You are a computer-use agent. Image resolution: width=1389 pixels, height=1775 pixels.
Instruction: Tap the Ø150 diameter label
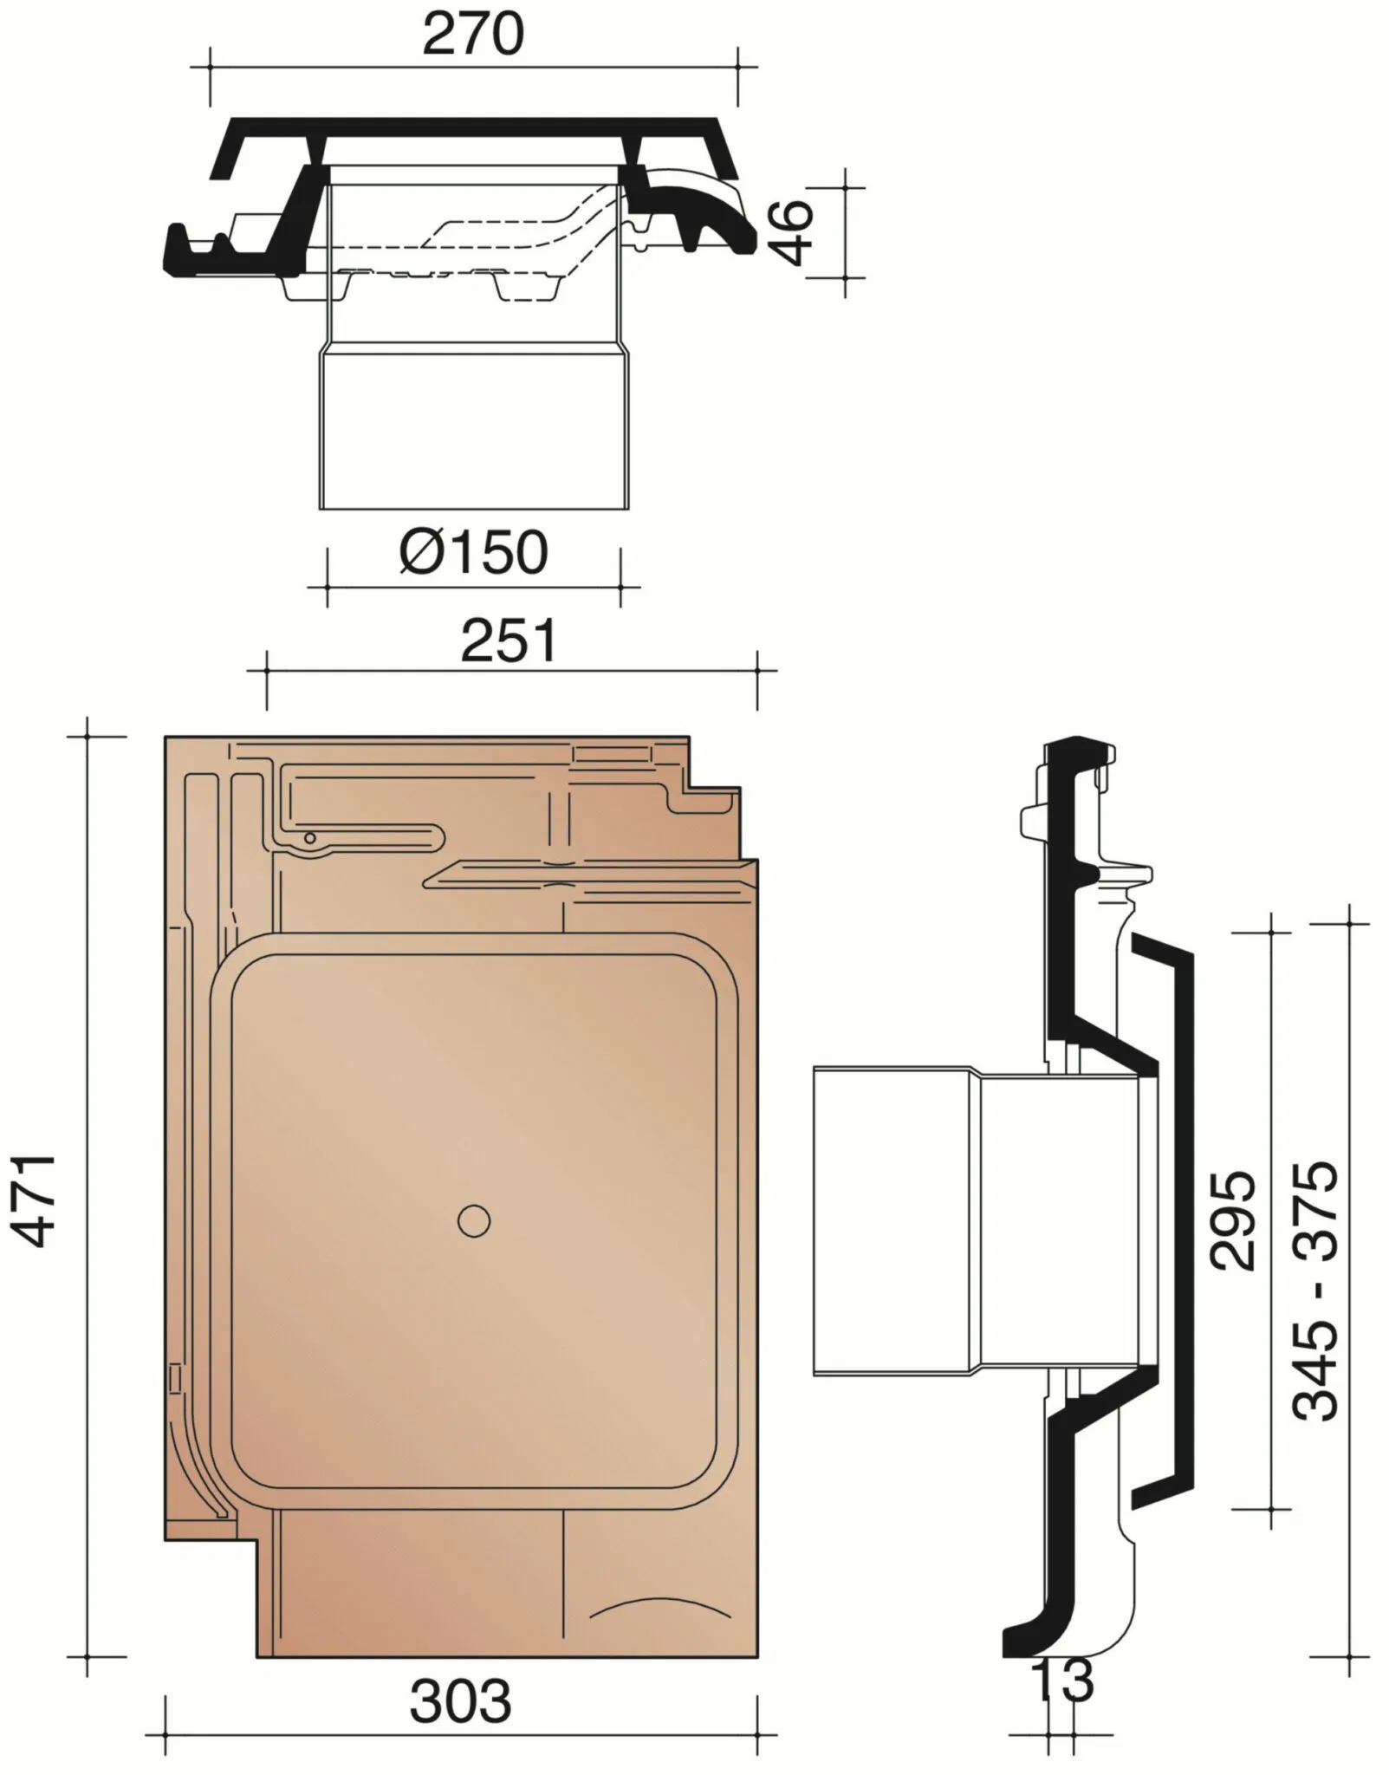474,552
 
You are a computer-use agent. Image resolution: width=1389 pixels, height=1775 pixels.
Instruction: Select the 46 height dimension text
794,232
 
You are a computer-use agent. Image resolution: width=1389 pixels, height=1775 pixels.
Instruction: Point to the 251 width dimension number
509,642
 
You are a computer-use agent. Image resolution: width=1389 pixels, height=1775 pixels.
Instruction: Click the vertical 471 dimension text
39,1200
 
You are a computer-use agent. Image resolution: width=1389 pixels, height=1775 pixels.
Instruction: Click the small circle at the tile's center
474,1221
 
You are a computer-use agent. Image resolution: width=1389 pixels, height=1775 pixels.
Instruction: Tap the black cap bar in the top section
474,127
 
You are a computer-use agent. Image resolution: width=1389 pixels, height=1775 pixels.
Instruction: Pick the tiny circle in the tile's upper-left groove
309,837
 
